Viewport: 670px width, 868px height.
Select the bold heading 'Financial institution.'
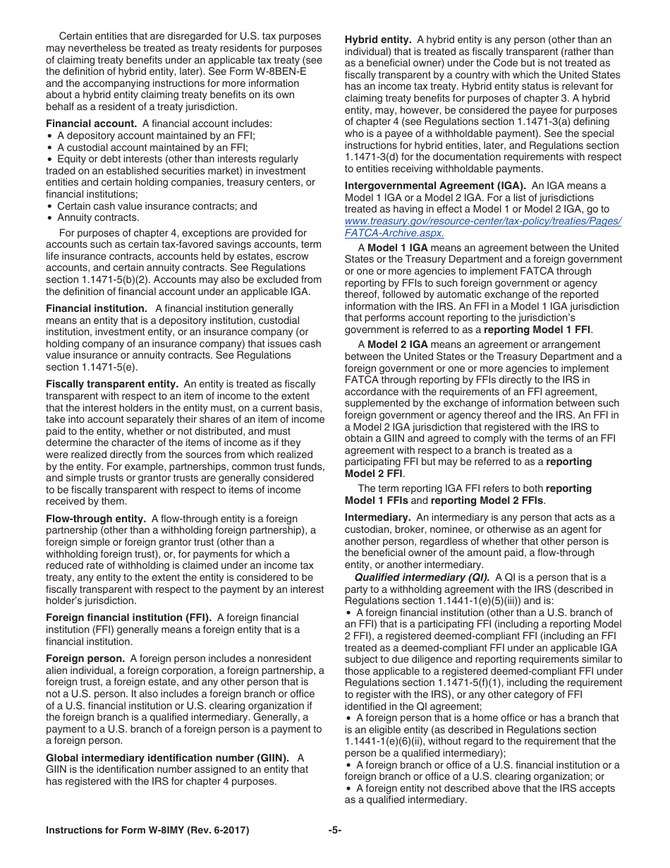(x=97, y=308)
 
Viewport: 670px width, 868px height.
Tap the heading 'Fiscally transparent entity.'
(x=112, y=384)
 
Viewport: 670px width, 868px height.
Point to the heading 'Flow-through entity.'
(x=96, y=519)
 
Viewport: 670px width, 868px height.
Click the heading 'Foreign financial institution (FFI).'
(x=128, y=617)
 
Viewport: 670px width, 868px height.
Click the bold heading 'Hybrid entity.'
(x=377, y=40)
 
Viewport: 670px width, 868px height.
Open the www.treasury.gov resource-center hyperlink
(x=483, y=221)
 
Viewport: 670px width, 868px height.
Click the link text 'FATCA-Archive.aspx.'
(x=394, y=233)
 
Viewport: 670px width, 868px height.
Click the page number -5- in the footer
(x=335, y=831)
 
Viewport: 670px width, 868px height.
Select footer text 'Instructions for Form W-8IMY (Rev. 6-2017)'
(x=147, y=831)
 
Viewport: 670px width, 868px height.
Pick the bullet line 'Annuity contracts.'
(x=98, y=218)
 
